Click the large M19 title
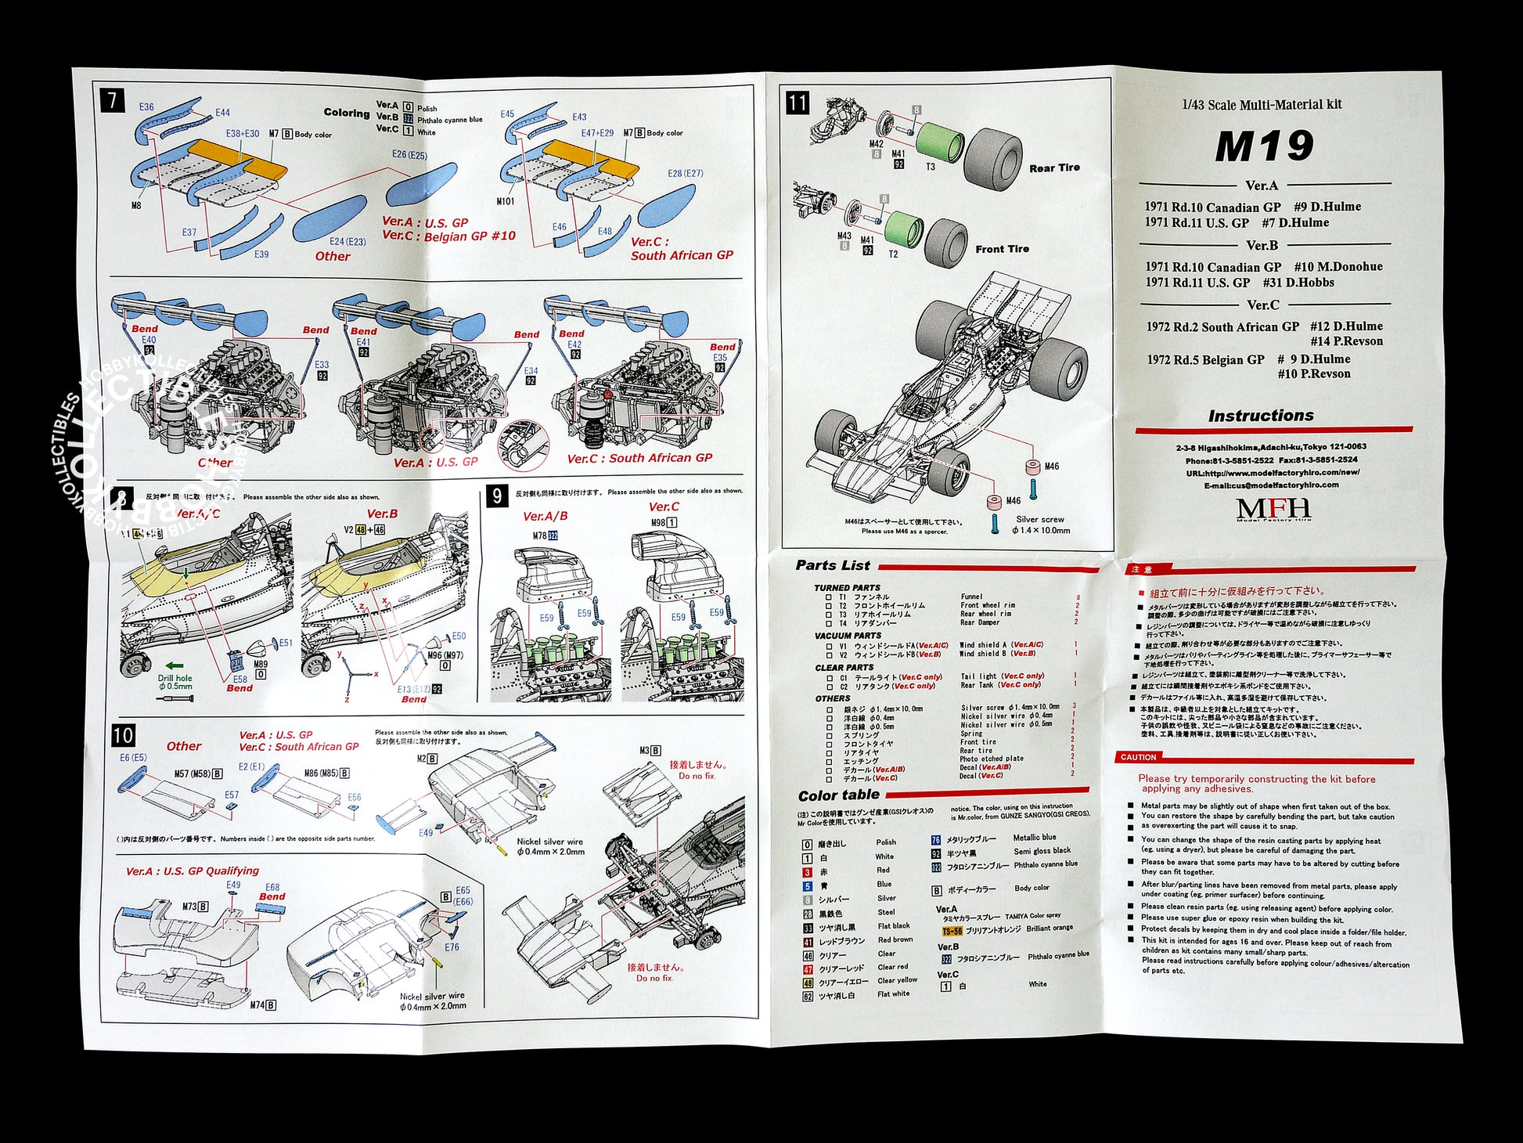[x=1263, y=146]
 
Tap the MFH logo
[x=1273, y=509]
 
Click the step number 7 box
[x=113, y=100]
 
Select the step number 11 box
[x=797, y=103]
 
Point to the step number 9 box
[x=497, y=496]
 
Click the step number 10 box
[x=123, y=735]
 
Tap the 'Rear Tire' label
[x=1053, y=168]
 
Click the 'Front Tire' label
[x=1002, y=249]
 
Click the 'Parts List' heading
[x=832, y=565]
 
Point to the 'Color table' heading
[x=838, y=795]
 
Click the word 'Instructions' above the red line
[x=1260, y=416]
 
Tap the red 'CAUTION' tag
[x=1138, y=757]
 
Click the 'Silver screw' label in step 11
[x=1039, y=519]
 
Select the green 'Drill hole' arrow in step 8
[x=174, y=666]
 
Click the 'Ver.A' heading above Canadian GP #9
[x=1262, y=186]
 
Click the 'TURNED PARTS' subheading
[x=847, y=587]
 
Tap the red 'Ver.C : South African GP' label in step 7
[x=681, y=249]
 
